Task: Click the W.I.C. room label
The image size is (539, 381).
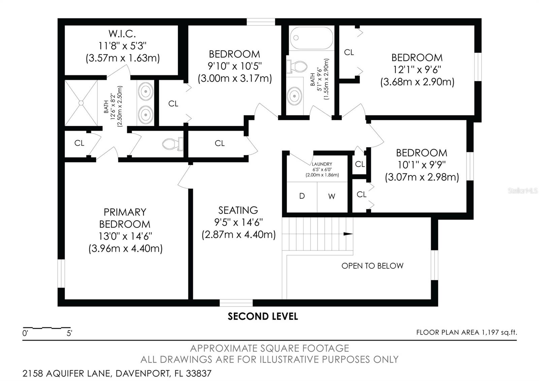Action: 122,34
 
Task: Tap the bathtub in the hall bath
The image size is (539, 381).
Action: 312,38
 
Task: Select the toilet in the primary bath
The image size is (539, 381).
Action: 172,144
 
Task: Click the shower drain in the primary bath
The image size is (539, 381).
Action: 81,102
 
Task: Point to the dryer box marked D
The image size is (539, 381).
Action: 302,196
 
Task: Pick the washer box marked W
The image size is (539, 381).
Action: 332,196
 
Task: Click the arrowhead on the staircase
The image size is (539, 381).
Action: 348,234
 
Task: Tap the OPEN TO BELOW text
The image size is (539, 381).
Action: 372,266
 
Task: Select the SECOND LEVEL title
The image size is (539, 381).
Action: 263,316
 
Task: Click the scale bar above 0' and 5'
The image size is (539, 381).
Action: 46,328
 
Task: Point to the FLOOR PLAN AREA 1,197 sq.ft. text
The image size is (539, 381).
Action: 466,332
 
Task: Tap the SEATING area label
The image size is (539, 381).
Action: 238,210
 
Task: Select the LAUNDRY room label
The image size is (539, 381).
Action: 322,164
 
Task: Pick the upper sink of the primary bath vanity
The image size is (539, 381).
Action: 146,91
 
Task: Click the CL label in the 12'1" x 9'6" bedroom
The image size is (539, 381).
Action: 349,52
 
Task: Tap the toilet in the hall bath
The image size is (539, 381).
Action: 297,66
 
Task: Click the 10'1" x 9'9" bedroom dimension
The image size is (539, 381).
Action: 421,165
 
